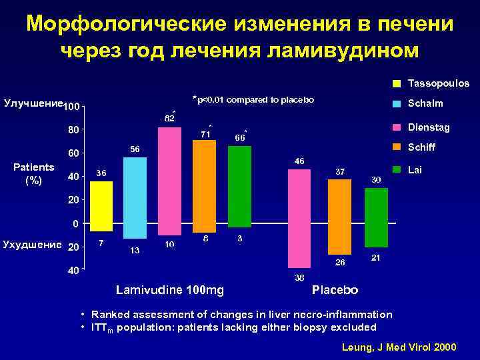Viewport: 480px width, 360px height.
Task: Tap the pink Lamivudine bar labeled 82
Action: [x=170, y=180]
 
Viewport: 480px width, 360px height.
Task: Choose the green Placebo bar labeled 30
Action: [x=377, y=217]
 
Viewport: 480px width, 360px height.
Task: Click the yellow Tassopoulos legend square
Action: [x=396, y=84]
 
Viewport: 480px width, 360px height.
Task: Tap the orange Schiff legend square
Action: [x=396, y=147]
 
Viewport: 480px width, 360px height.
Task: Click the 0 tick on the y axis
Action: [x=77, y=223]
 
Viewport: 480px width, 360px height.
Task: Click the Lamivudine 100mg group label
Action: [x=169, y=290]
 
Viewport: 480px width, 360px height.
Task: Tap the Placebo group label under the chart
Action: [x=335, y=291]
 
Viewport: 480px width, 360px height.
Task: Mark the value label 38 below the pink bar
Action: [x=299, y=277]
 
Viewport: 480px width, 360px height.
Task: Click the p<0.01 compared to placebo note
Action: [x=253, y=100]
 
